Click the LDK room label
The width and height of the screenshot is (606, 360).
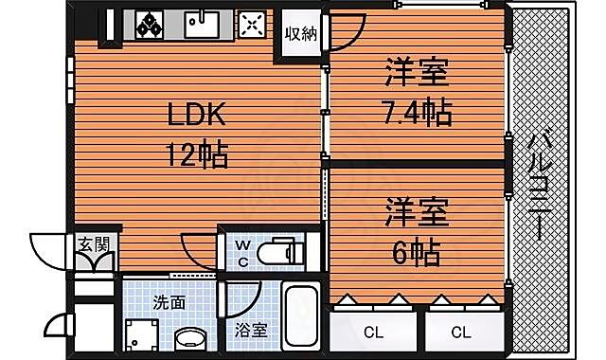(x=197, y=117)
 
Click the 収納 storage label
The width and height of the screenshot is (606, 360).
(x=301, y=36)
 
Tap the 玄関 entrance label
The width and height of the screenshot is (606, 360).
(x=93, y=244)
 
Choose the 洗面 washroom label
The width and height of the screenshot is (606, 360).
(x=169, y=303)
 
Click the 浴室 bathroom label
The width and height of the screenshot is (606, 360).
(x=251, y=331)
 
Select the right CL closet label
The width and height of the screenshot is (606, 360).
(x=461, y=332)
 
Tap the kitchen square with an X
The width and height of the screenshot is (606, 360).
(x=251, y=23)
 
